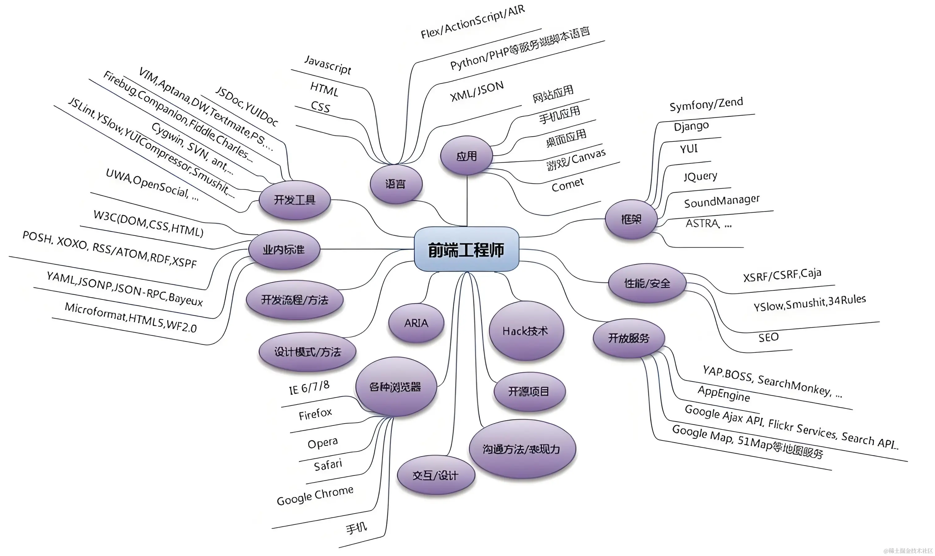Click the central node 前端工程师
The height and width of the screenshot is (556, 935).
click(x=466, y=250)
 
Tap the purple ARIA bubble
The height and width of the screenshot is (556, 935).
click(x=416, y=323)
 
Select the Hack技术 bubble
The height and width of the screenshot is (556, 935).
click(x=526, y=331)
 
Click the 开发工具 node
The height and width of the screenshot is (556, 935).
click(x=294, y=200)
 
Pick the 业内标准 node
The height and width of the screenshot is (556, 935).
click(x=284, y=250)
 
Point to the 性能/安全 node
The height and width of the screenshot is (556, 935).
click(x=647, y=283)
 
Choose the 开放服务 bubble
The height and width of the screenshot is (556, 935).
click(x=629, y=338)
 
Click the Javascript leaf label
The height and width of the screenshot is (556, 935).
click(x=328, y=65)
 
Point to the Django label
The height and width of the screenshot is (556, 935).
click(x=691, y=126)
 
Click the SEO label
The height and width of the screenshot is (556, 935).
click(x=768, y=338)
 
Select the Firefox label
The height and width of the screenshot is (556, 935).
click(x=315, y=414)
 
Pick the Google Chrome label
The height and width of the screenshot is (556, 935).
click(x=315, y=495)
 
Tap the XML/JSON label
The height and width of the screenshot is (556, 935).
click(x=477, y=91)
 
